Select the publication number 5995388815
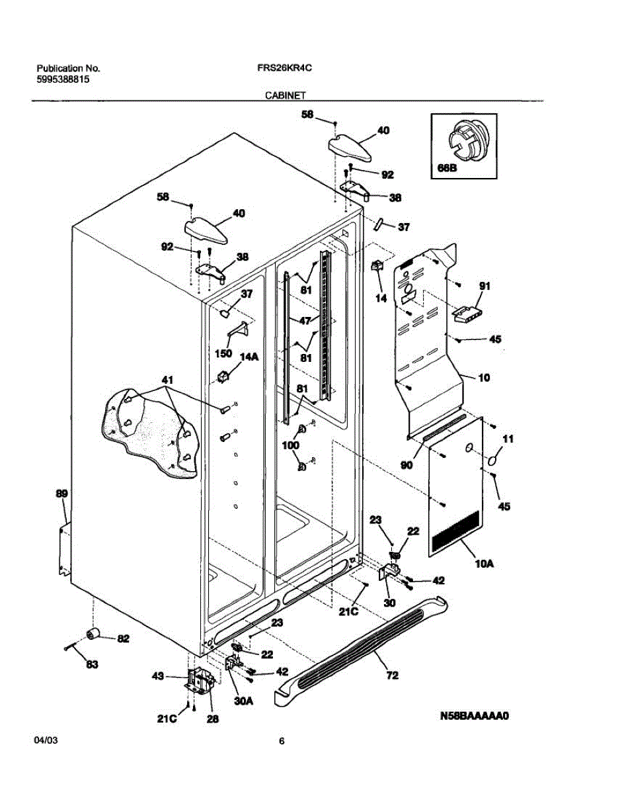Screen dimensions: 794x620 point(63,79)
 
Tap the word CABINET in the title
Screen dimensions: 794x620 point(285,95)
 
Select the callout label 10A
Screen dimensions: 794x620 point(484,564)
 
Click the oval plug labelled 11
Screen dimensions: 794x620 point(495,459)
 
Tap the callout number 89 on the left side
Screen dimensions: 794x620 point(61,494)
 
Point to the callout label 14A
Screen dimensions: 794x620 point(249,357)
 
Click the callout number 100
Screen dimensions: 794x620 point(291,445)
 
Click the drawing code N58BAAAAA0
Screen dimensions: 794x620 point(475,715)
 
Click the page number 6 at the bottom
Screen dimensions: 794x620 point(282,742)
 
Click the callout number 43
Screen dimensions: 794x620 point(158,676)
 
